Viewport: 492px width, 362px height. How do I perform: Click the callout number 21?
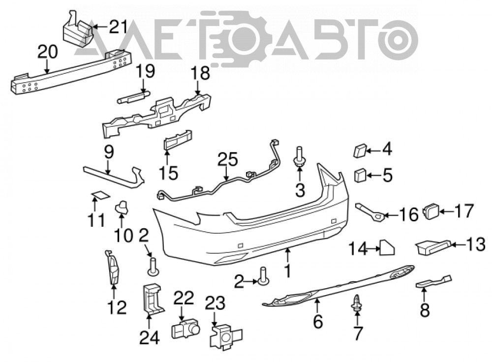(118, 27)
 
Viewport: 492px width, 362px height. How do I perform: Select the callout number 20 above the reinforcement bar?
(48, 52)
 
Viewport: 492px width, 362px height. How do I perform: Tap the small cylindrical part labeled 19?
(133, 96)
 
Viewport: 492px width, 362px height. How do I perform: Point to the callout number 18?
(200, 73)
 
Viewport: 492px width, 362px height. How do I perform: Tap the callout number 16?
(408, 215)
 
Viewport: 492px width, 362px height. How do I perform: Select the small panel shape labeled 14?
(387, 247)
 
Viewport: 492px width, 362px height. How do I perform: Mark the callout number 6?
(318, 322)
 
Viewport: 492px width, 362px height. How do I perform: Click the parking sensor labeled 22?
(185, 330)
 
